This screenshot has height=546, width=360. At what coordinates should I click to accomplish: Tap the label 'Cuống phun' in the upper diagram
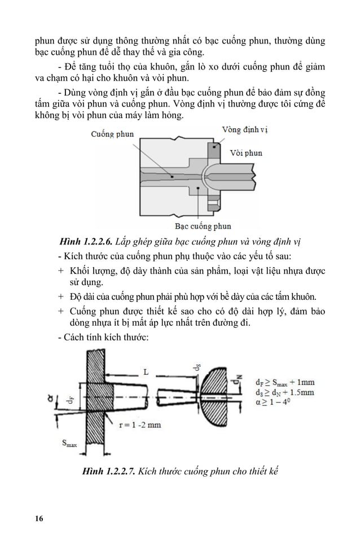[x=112, y=134]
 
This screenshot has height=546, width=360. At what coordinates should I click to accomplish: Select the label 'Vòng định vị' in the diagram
[x=244, y=129]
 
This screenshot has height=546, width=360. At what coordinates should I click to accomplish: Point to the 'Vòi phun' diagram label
[x=246, y=153]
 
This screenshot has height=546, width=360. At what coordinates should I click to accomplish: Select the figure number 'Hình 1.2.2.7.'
[x=109, y=470]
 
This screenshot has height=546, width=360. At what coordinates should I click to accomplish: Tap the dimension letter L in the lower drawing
[x=146, y=373]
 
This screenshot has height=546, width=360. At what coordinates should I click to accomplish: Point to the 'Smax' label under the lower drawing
[x=69, y=444]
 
